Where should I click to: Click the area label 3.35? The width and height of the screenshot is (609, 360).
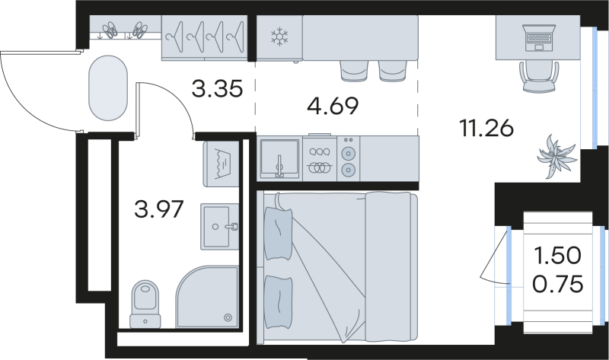pyautogui.click(x=217, y=88)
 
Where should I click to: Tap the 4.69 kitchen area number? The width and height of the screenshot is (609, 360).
pyautogui.click(x=333, y=106)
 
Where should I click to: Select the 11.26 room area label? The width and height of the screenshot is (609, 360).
pyautogui.click(x=486, y=129)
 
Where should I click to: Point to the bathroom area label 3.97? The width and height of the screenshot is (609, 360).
pyautogui.click(x=158, y=209)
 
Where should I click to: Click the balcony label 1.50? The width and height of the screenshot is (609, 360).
pyautogui.click(x=558, y=256)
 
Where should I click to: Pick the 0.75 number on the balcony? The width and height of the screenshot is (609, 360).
pyautogui.click(x=558, y=284)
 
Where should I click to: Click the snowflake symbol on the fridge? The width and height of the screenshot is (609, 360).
pyautogui.click(x=279, y=37)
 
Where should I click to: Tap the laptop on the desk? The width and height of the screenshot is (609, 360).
pyautogui.click(x=539, y=38)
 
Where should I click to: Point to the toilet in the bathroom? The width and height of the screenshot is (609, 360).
pyautogui.click(x=145, y=304)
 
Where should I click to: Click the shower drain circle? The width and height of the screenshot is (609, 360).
pyautogui.click(x=228, y=317)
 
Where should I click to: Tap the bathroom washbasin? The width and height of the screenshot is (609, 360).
pyautogui.click(x=220, y=226)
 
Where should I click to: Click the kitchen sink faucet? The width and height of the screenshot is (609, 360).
pyautogui.click(x=279, y=167)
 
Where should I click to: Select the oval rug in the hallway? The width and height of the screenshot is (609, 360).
pyautogui.click(x=108, y=88)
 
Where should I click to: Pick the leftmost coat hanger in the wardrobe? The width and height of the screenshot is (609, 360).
pyautogui.click(x=174, y=37)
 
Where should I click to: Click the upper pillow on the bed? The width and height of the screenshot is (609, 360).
pyautogui.click(x=278, y=234)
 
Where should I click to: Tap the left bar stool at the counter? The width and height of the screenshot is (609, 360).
pyautogui.click(x=353, y=71)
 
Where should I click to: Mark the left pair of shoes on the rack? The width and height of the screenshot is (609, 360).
pyautogui.click(x=110, y=30)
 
